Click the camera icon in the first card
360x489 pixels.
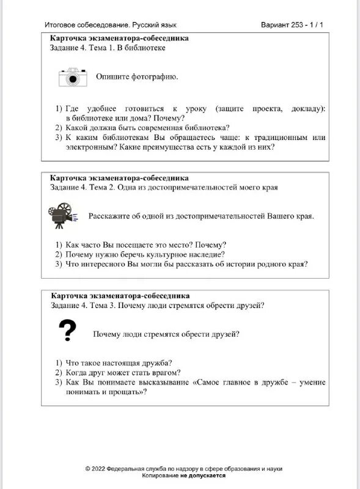(73, 77)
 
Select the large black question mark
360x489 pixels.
(67, 331)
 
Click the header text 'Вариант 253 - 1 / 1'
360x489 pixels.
(292, 25)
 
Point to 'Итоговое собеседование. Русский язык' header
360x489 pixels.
(111, 25)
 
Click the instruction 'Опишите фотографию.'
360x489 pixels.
(137, 77)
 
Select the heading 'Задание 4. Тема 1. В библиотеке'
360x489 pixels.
(108, 48)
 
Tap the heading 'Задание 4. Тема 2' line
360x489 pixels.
(163, 187)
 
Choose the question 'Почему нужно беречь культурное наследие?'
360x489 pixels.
(145, 254)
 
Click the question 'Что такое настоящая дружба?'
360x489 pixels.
(118, 362)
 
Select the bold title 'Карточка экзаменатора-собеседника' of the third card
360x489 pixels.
(120, 296)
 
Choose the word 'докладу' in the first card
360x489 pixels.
(307, 108)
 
